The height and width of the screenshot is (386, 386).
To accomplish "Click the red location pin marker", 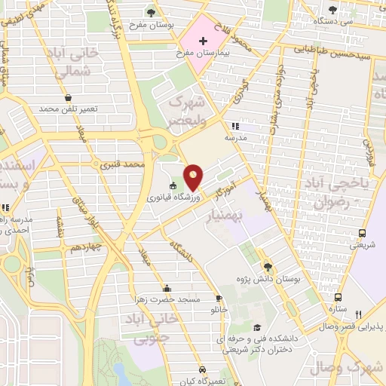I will (x=193, y=176).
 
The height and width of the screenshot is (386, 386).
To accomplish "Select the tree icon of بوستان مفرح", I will (x=152, y=12).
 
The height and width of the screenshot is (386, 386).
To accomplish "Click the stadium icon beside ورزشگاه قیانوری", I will (x=173, y=186).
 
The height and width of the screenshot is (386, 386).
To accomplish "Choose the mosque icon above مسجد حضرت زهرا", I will (x=167, y=288).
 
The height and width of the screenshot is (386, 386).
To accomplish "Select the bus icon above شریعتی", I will (x=362, y=233).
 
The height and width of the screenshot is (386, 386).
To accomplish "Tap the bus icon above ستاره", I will (x=337, y=297).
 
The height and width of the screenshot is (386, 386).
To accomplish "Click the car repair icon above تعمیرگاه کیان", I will (x=204, y=369).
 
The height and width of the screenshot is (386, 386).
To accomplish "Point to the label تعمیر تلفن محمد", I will (x=69, y=109).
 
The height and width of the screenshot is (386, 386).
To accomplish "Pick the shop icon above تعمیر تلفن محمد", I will (x=69, y=98).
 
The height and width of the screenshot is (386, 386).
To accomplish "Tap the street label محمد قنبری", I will (x=124, y=164).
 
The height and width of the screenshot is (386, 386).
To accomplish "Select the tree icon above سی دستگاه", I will (x=332, y=10).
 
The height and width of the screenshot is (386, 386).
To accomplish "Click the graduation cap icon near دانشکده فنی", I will (x=258, y=327).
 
